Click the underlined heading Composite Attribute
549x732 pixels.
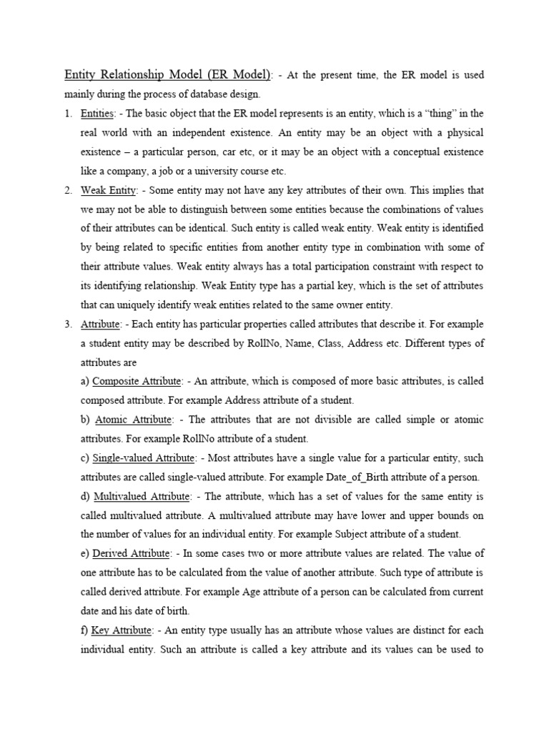tap(137, 381)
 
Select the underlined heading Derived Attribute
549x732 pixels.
tap(132, 553)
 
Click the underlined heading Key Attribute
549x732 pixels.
tap(122, 630)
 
